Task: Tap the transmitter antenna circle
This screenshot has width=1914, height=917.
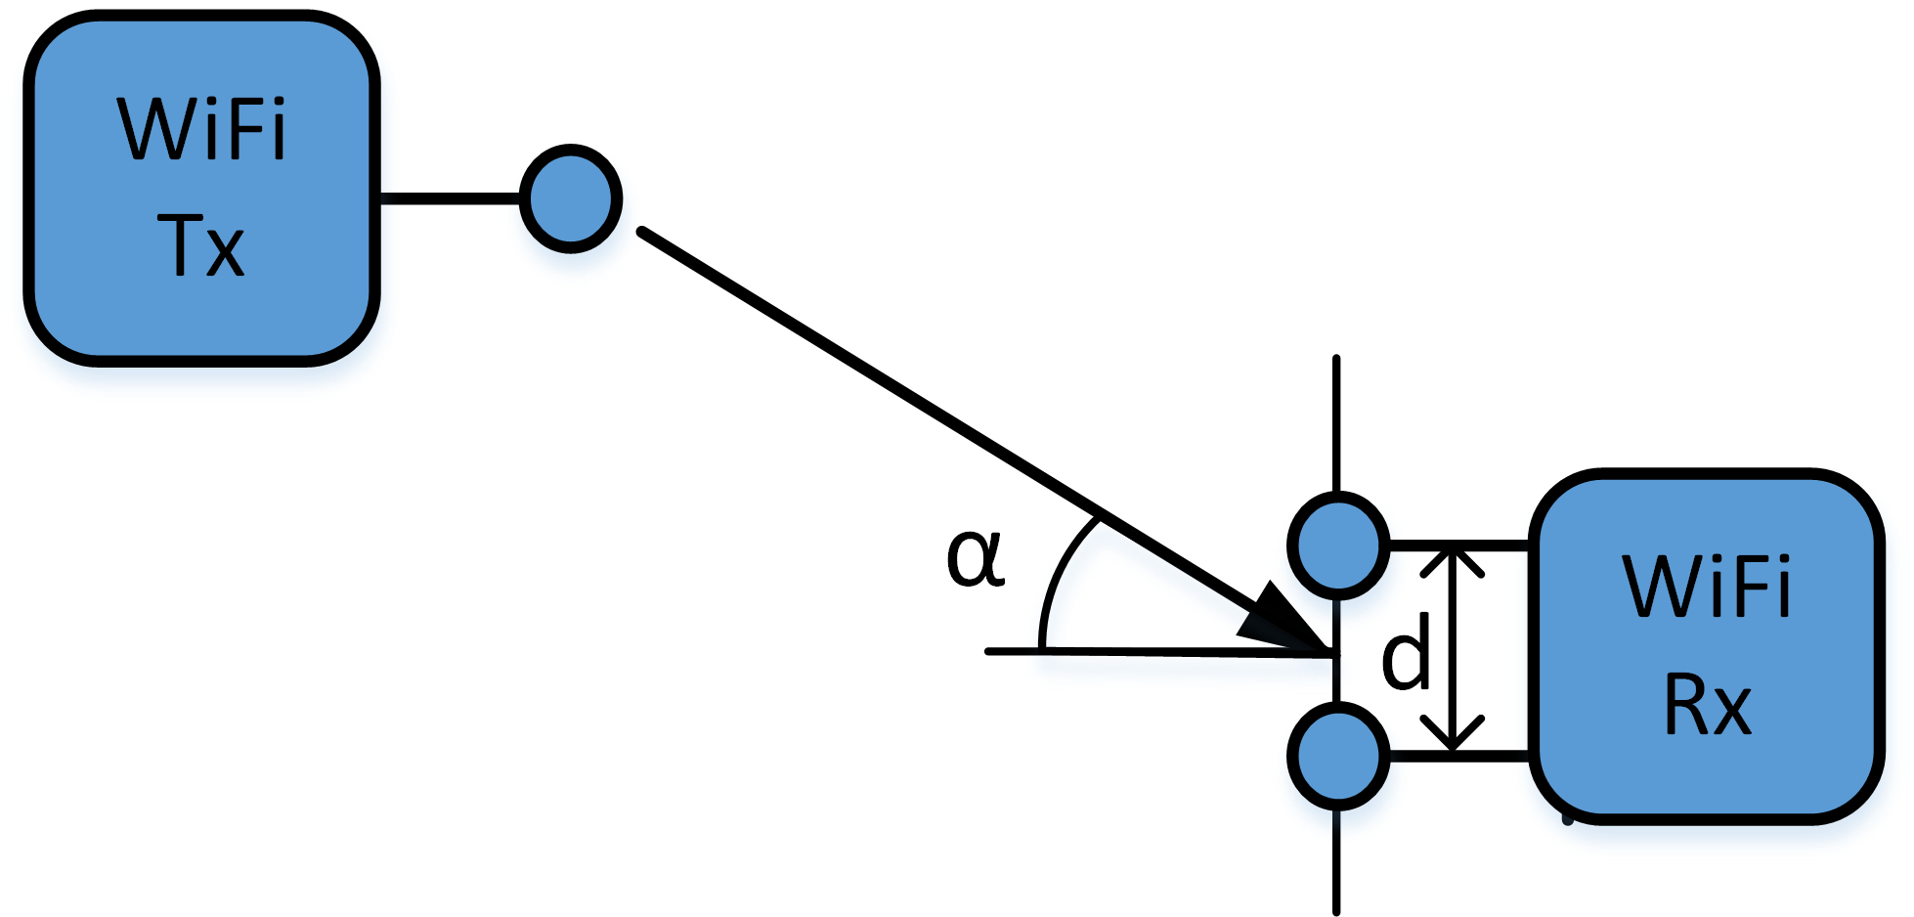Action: point(571,198)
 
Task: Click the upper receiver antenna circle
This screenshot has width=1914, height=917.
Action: point(1338,546)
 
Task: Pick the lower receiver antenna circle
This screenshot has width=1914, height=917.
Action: point(1338,755)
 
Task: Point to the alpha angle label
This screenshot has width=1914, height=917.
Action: point(975,558)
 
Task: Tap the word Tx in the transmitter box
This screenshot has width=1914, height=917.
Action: point(200,245)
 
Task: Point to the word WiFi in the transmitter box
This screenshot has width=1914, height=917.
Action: point(202,129)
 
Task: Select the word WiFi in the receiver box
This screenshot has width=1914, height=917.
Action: point(1707,588)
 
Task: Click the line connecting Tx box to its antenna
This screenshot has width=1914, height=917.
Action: point(450,198)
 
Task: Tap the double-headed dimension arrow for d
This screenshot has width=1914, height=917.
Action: point(1454,650)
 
